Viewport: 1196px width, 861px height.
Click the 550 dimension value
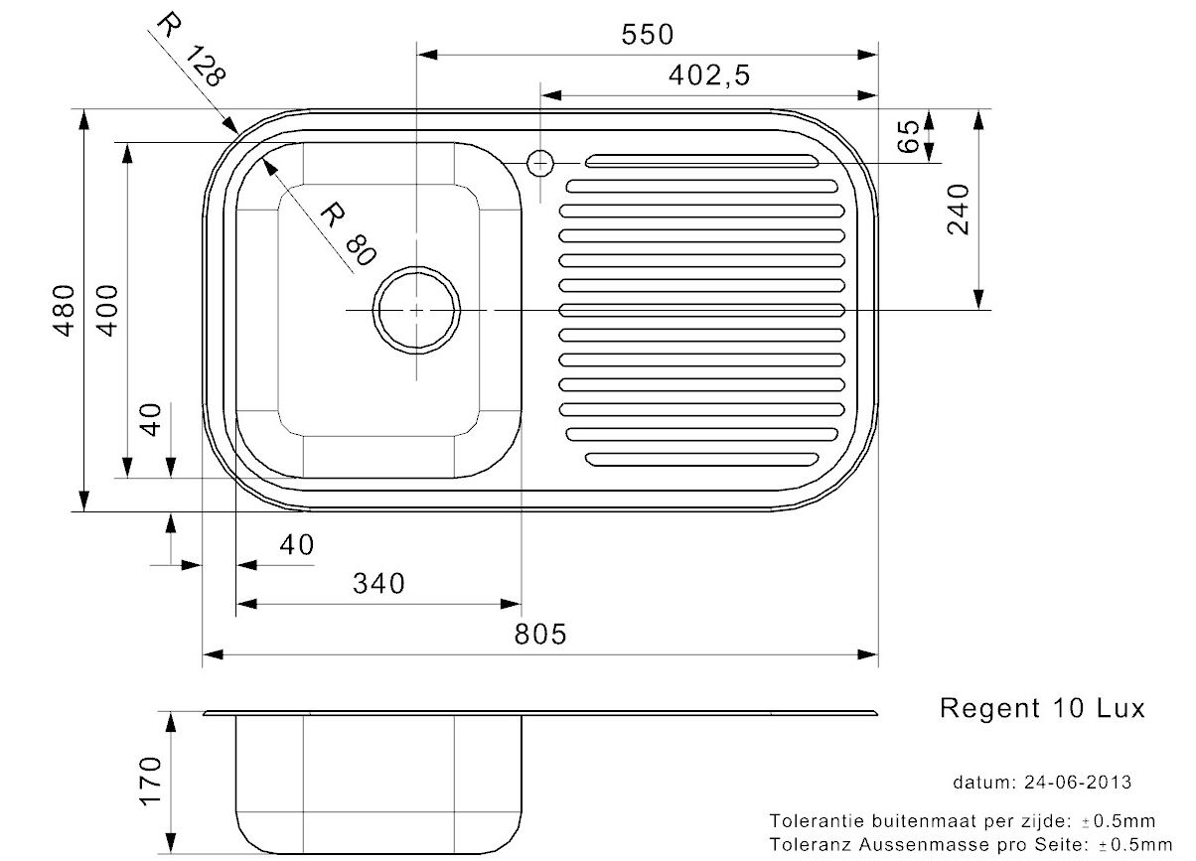[x=647, y=35]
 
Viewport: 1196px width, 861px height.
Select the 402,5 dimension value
[x=709, y=75]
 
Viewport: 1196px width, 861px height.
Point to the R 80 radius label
[x=349, y=233]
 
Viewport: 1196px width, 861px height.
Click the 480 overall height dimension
[x=64, y=310]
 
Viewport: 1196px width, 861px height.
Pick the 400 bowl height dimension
[x=107, y=310]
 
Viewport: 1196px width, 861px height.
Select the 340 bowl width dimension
[x=378, y=583]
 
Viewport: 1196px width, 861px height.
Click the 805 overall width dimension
[x=540, y=635]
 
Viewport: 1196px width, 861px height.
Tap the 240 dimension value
[x=958, y=210]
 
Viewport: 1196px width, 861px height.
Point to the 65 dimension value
[x=908, y=136]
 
